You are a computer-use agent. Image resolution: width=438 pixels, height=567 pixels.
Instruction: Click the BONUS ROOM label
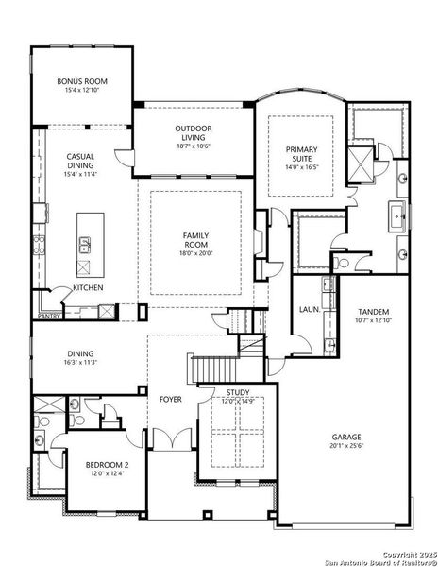point(81,82)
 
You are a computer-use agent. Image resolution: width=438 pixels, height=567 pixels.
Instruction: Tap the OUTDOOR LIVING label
point(193,132)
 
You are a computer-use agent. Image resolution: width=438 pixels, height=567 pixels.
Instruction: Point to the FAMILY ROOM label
point(195,239)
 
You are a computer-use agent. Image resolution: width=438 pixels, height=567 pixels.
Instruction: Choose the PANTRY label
point(49,317)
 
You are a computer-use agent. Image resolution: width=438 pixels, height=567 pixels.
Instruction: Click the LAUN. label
point(308,309)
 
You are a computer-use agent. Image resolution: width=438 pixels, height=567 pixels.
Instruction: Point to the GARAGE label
point(345,438)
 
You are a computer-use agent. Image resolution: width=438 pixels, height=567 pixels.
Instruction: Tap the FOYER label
point(170,400)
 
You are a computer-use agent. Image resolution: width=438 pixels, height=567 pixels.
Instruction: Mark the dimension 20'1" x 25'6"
point(345,448)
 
